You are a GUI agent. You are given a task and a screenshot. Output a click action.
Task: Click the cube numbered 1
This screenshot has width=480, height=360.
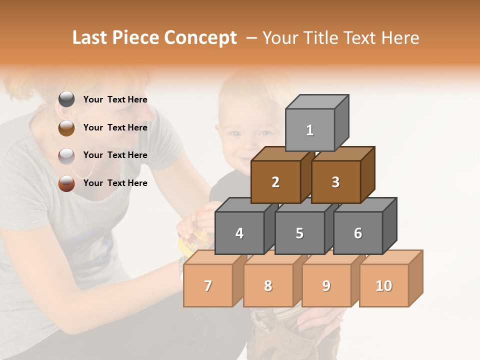pyautogui.click(x=310, y=130)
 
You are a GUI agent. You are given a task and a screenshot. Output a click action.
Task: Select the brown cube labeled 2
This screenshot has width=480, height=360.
pyautogui.click(x=275, y=182)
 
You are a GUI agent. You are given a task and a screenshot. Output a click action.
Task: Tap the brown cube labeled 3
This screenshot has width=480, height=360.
pyautogui.click(x=335, y=182)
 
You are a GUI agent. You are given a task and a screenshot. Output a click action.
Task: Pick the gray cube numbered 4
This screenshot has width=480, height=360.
pyautogui.click(x=239, y=233)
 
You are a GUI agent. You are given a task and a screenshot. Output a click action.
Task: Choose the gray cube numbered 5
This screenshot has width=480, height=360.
pyautogui.click(x=299, y=233)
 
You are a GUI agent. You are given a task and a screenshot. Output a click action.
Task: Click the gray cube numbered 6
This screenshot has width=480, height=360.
pyautogui.click(x=358, y=233)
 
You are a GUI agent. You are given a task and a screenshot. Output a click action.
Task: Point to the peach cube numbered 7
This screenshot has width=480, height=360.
pyautogui.click(x=208, y=285)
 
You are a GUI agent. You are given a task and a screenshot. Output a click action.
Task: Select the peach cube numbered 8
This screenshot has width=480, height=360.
pyautogui.click(x=268, y=285)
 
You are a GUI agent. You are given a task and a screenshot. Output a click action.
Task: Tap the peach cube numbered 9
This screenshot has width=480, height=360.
pyautogui.click(x=326, y=285)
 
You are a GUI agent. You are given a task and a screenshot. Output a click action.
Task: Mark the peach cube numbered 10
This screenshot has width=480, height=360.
pyautogui.click(x=383, y=285)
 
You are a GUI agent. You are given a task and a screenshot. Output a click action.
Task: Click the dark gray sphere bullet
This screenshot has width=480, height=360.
pyautogui.click(x=66, y=99)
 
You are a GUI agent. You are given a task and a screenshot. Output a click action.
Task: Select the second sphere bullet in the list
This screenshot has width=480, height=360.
pyautogui.click(x=66, y=127)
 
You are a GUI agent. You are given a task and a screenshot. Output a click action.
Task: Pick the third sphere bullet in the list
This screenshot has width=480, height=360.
pyautogui.click(x=66, y=155)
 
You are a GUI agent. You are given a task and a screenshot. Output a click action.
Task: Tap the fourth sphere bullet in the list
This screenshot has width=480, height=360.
pyautogui.click(x=66, y=183)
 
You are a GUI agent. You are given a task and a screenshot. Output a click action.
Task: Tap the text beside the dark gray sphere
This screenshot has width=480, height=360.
pyautogui.click(x=115, y=99)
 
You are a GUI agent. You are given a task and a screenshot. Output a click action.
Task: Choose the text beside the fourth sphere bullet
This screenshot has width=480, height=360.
pyautogui.click(x=115, y=183)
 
